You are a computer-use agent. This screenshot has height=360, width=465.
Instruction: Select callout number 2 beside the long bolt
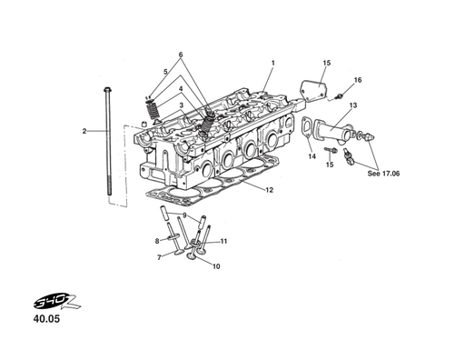point(84,132)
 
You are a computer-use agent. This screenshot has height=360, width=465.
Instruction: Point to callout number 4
point(180,89)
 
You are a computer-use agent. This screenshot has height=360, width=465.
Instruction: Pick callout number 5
point(165,71)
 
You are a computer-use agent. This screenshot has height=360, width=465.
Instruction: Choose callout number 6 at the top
point(180,55)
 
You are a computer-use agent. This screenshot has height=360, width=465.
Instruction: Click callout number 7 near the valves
point(159,257)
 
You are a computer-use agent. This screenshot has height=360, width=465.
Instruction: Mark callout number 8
point(156,241)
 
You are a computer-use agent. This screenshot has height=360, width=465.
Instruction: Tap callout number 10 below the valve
point(215,267)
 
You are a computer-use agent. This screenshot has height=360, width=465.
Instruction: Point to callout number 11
point(223,241)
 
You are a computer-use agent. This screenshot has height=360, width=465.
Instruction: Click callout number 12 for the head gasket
point(270,190)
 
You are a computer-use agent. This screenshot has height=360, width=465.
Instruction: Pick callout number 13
point(352,106)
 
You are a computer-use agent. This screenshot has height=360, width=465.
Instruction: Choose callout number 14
point(311,156)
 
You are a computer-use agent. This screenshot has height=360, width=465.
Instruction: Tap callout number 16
point(357,80)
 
